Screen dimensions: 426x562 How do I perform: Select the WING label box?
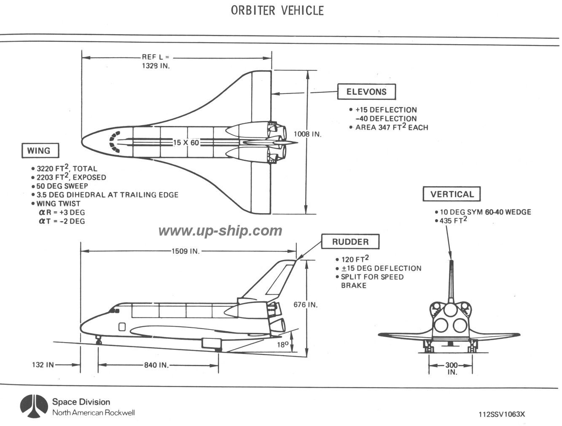[39, 150]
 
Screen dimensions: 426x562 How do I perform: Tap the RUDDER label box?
[350, 242]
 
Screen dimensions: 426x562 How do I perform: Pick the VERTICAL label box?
[452, 194]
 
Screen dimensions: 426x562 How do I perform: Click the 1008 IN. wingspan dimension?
[308, 134]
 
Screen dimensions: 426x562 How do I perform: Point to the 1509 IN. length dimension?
[186, 251]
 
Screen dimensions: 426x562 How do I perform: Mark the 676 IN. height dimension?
[306, 305]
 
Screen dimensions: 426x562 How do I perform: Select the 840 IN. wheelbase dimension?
[156, 365]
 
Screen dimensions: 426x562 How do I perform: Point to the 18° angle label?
[282, 345]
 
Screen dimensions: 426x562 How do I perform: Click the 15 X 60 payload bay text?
[186, 143]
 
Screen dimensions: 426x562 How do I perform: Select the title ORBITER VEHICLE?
[277, 11]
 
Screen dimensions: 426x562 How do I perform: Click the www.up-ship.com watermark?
[220, 230]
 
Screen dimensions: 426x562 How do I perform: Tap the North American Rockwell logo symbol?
[34, 407]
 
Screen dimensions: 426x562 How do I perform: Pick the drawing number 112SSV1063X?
[502, 414]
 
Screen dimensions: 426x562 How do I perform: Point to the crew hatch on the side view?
[123, 327]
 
